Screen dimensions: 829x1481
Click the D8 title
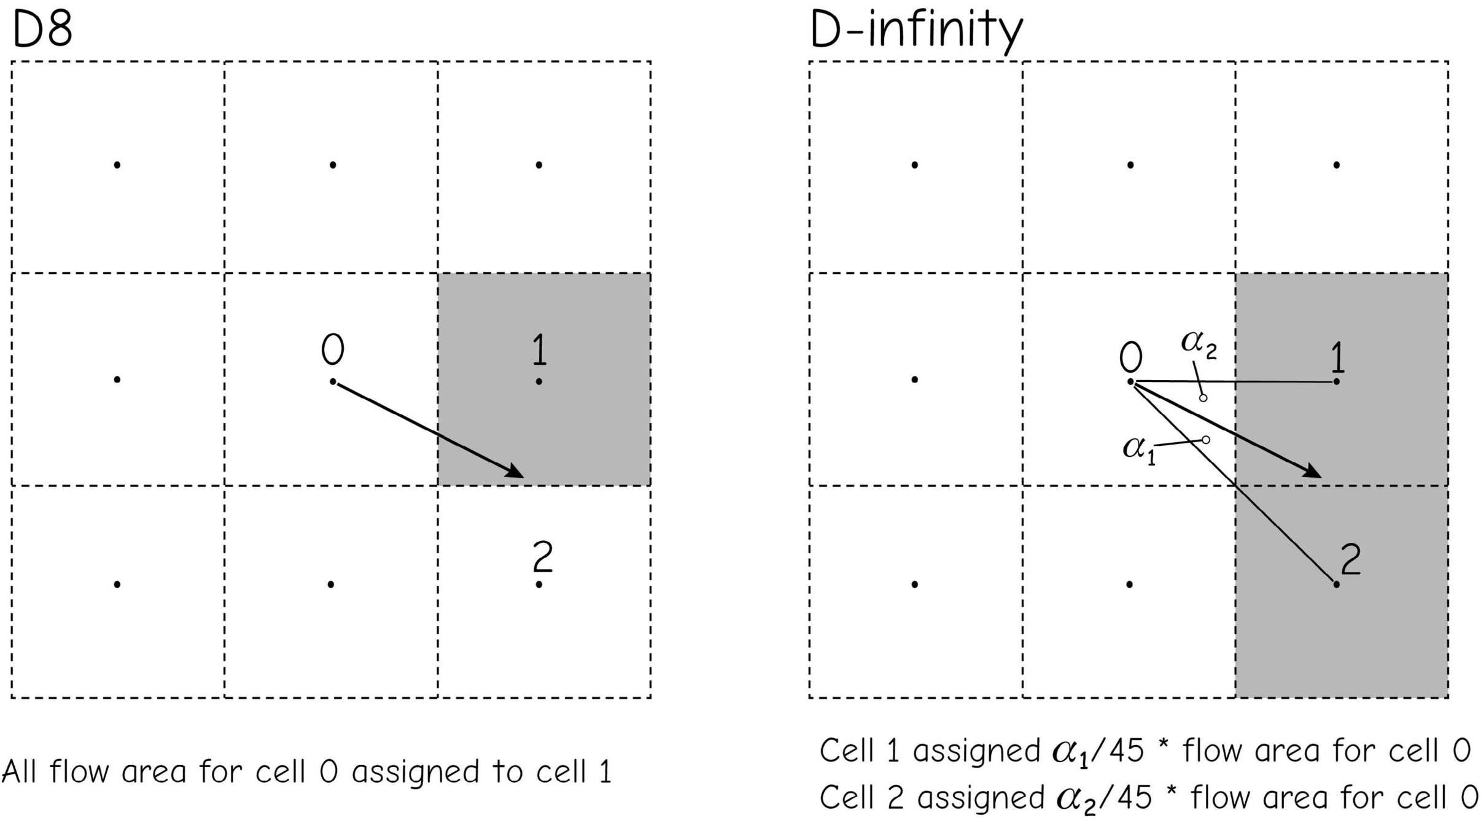point(42,29)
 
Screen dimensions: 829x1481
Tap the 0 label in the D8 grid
point(332,349)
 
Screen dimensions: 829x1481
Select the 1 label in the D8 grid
point(538,349)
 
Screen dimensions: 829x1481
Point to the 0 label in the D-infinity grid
point(1130,357)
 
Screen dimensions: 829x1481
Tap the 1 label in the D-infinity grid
point(1337,357)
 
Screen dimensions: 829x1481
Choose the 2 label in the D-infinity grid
point(1350,559)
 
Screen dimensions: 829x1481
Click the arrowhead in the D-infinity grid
point(1312,471)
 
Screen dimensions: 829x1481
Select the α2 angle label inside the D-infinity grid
point(1198,343)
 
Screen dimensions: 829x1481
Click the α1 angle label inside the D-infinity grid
point(1138,450)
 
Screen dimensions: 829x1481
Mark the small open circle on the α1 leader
point(1206,440)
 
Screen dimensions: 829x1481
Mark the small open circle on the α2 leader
point(1203,398)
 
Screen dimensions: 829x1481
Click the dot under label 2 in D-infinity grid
point(1336,585)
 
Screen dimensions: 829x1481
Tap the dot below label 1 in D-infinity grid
point(1337,382)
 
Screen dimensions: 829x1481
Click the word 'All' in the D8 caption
point(18,771)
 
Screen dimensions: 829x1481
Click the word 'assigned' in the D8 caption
point(415,773)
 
